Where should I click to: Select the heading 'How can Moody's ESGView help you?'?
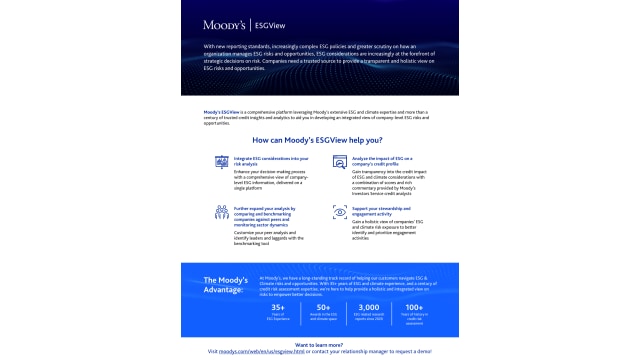pos(320,140)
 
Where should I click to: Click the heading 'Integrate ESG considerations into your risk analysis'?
pos(270,163)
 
